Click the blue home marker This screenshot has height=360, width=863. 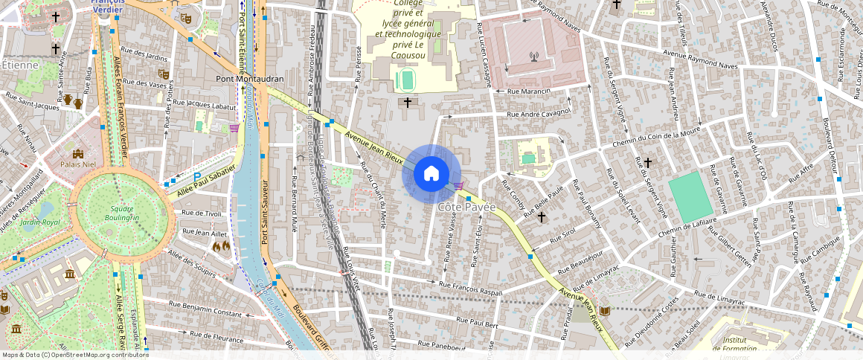pos(431,174)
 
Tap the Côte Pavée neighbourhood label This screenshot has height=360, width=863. pos(466,207)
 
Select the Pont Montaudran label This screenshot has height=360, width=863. pos(249,78)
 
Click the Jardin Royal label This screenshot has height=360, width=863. pos(40,222)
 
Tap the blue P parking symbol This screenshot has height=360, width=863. pos(197,176)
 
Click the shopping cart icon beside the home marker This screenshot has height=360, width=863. pos(458,186)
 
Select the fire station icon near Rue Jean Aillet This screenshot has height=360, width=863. pos(222,245)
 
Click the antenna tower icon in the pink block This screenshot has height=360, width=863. pos(533,57)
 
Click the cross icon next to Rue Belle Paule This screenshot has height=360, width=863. pos(542,217)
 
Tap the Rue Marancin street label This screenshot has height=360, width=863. pos(528,91)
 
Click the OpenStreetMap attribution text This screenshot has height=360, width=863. pos(76,355)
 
